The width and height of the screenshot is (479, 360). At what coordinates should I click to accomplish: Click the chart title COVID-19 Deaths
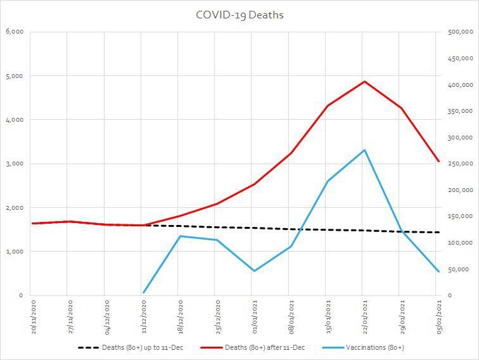point(239,15)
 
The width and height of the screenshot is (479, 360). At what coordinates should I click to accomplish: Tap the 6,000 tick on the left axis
point(14,32)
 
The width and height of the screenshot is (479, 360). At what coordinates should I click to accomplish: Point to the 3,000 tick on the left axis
point(14,164)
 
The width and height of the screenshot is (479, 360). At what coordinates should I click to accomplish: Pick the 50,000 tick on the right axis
point(458,269)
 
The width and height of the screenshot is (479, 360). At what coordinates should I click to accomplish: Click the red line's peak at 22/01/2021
point(364,81)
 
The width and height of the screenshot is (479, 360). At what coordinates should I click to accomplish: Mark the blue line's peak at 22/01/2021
point(364,150)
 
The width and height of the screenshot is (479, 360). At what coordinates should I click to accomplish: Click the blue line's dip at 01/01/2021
point(254,271)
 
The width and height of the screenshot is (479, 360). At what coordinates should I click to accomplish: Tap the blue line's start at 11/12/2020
point(144,293)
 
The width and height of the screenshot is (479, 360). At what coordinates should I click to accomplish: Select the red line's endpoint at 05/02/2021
point(438,162)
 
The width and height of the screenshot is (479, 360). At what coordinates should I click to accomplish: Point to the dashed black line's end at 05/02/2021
point(438,233)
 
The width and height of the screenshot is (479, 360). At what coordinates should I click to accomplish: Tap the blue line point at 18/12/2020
point(181,236)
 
